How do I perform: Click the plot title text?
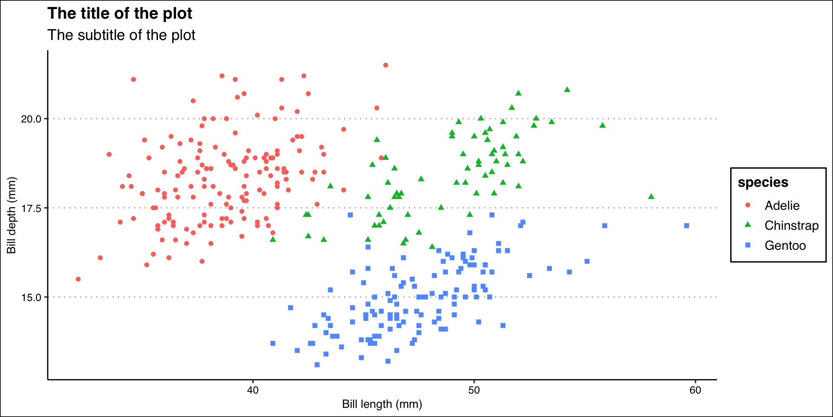click(120, 13)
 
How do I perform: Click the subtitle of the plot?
click(121, 35)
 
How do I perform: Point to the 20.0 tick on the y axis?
click(31, 119)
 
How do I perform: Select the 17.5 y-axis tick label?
click(31, 208)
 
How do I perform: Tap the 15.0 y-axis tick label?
click(31, 298)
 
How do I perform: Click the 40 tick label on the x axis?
click(253, 390)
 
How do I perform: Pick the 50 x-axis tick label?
click(474, 390)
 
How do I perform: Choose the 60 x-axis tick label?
click(695, 390)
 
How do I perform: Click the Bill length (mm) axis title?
click(382, 404)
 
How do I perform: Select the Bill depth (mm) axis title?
click(11, 215)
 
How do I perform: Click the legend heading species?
click(763, 182)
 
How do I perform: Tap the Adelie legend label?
click(782, 205)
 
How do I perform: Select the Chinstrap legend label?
click(791, 225)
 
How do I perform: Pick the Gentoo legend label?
click(785, 245)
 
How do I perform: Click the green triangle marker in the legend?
click(748, 225)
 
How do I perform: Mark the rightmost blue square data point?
click(686, 225)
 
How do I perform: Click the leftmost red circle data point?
click(78, 279)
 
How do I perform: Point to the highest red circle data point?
click(385, 65)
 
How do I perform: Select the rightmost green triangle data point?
click(651, 196)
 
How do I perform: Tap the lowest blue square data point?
click(317, 364)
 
